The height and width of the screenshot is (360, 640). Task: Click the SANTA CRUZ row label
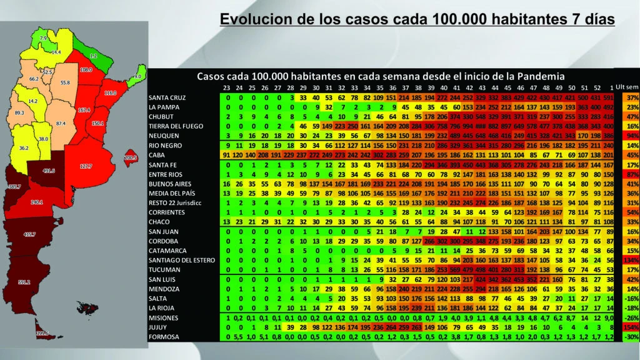[167, 98]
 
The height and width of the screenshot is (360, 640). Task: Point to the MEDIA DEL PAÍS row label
[172, 194]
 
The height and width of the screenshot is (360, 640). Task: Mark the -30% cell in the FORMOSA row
[630, 337]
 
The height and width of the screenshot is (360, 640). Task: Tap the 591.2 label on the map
[24, 282]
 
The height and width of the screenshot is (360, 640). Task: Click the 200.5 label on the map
[131, 158]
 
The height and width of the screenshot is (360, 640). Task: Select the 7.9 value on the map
[43, 39]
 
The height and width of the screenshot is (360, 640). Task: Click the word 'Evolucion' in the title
[257, 20]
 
